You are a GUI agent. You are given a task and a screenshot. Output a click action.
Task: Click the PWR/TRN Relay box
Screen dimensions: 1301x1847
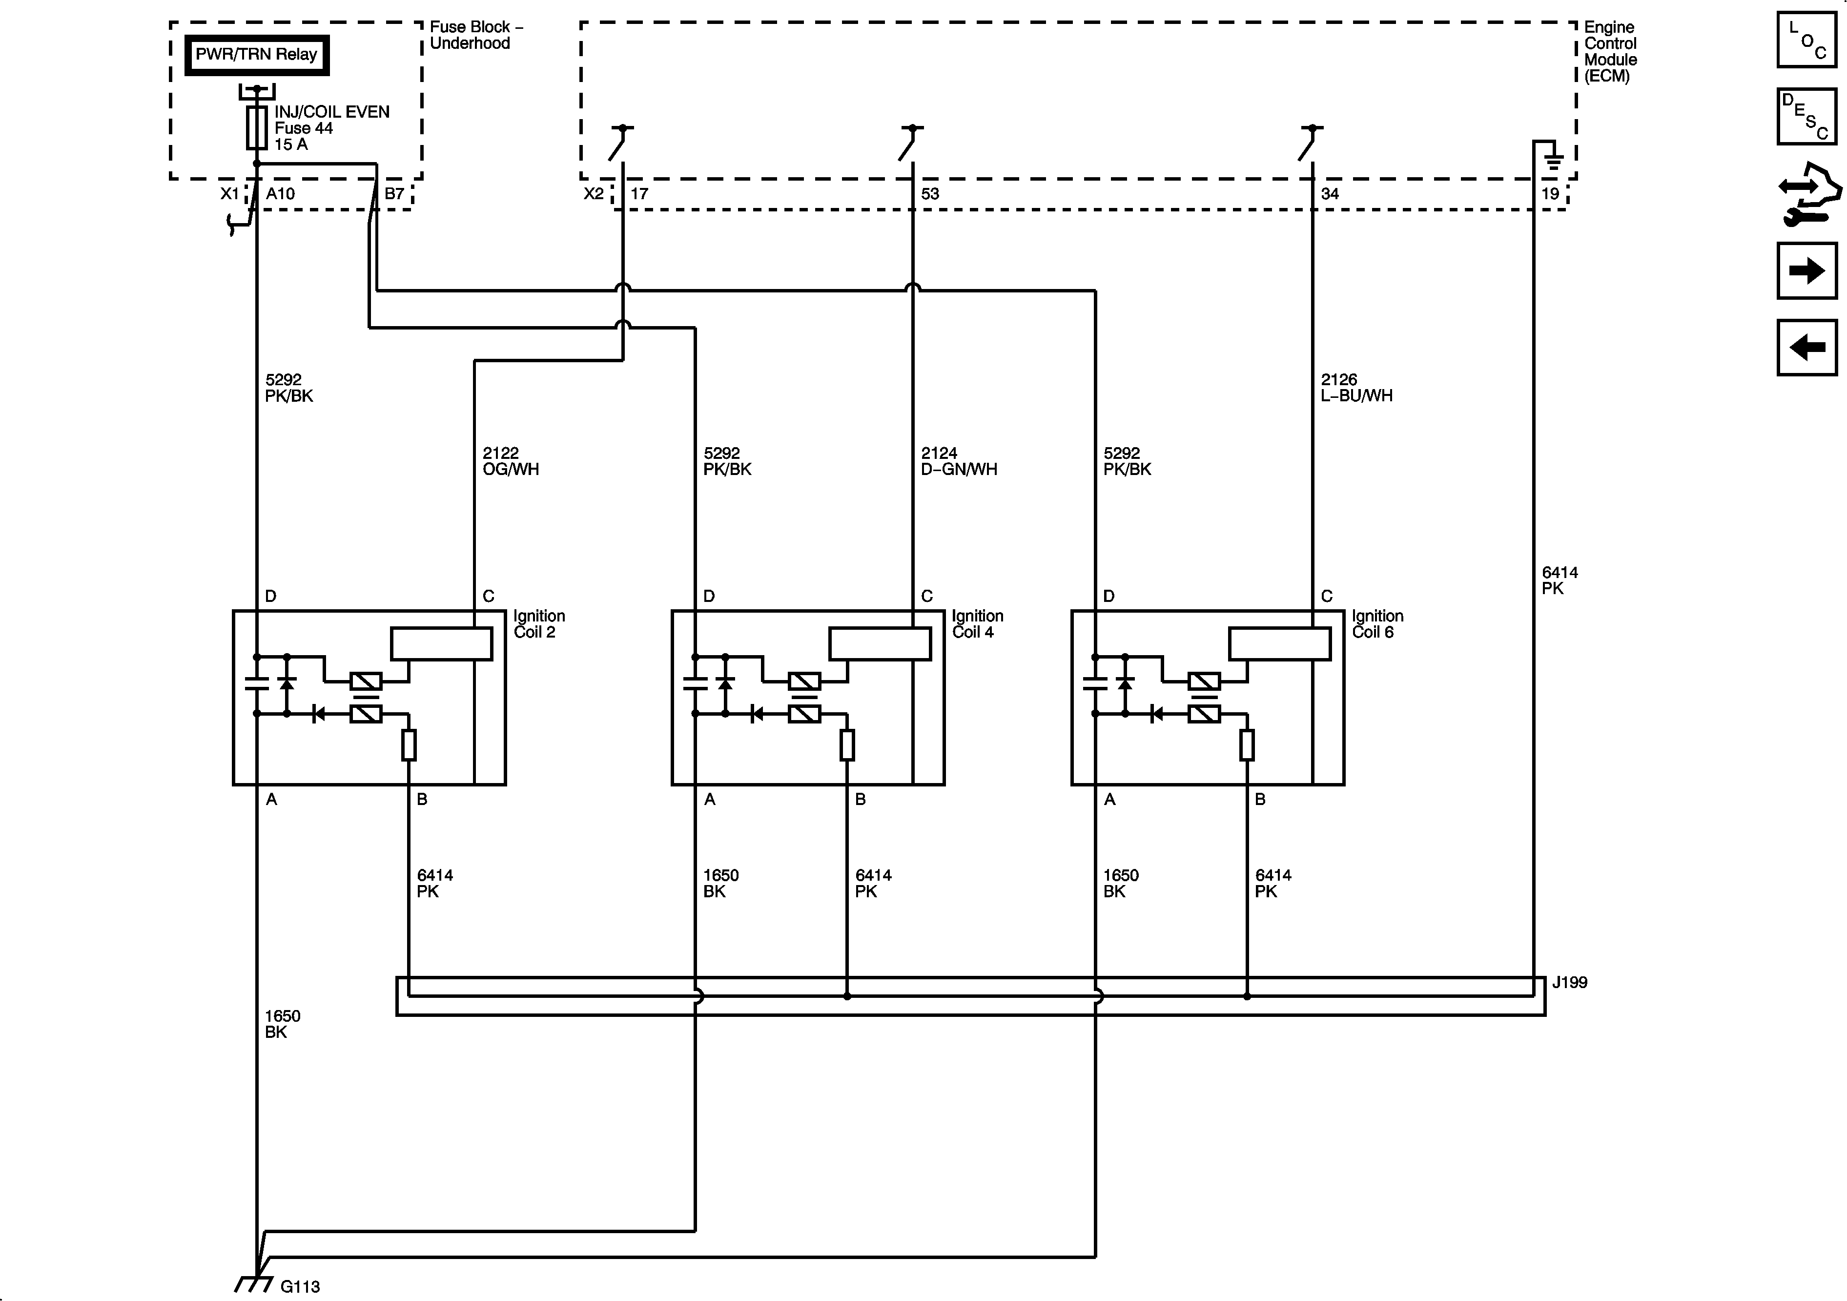(x=257, y=55)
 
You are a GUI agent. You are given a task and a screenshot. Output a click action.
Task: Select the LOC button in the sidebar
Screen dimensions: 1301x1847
(x=1807, y=40)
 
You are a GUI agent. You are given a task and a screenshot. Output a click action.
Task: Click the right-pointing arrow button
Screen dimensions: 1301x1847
(x=1807, y=270)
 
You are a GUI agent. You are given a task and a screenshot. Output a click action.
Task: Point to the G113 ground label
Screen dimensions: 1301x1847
(x=299, y=1286)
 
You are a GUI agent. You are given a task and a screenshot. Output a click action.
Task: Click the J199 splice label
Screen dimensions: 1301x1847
(x=1569, y=982)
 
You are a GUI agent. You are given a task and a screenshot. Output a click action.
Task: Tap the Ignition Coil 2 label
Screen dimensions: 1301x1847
(x=539, y=623)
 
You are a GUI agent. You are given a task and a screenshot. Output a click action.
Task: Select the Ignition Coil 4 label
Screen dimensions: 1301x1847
(x=977, y=623)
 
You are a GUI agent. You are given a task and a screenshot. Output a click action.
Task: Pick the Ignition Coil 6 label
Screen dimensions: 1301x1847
(x=1377, y=623)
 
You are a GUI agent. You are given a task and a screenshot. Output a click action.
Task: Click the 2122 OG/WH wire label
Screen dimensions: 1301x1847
(x=510, y=461)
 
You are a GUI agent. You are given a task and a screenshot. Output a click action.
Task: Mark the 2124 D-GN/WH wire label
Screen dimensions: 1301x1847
(x=958, y=461)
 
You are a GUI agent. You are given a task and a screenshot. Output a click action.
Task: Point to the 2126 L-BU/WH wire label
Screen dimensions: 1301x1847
(x=1356, y=387)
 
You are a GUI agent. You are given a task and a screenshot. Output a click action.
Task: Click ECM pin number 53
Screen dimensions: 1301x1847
(x=929, y=194)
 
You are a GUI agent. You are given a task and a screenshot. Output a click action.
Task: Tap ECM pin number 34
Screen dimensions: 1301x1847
(x=1330, y=194)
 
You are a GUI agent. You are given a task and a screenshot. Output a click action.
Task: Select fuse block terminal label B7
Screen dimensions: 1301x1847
(x=394, y=194)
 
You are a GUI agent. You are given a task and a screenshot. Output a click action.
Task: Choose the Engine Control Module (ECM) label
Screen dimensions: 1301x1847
(x=1610, y=51)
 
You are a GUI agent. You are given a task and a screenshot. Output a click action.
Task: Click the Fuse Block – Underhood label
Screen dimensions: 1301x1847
(x=475, y=35)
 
